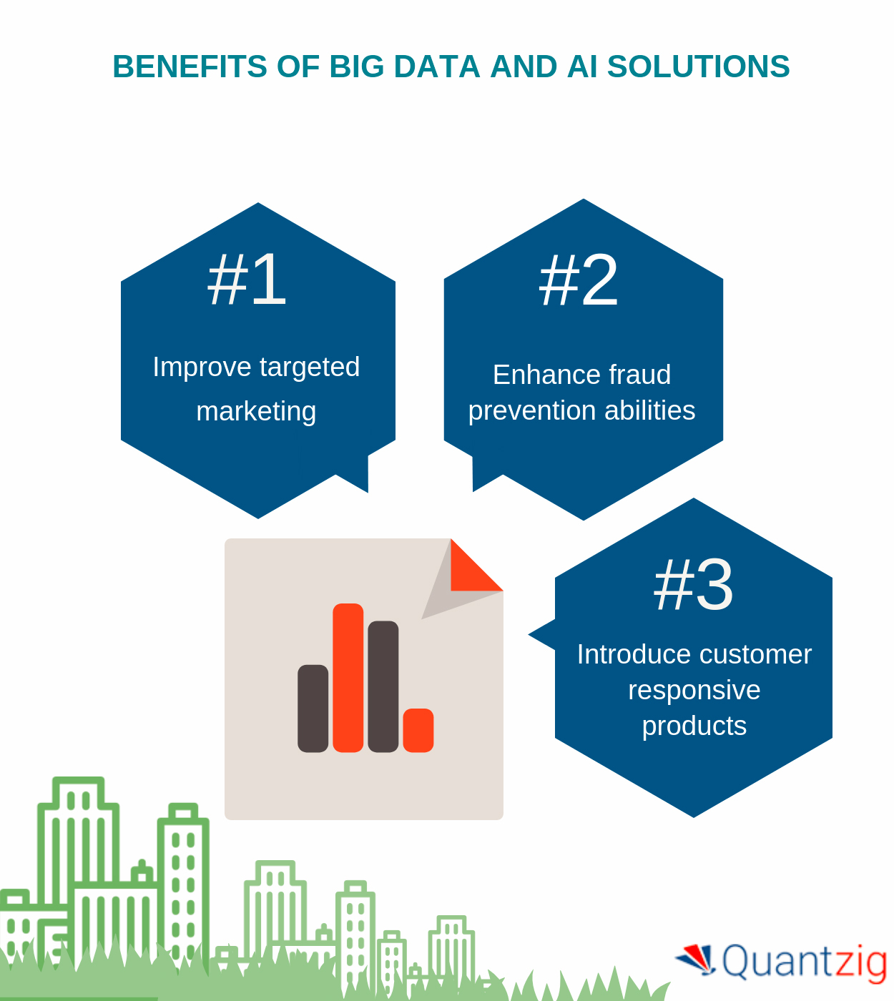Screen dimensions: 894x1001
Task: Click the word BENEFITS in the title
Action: click(190, 66)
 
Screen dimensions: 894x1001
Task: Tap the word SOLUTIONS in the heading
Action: click(698, 66)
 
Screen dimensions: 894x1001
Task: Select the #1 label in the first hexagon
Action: click(247, 279)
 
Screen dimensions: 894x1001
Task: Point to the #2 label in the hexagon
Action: click(578, 280)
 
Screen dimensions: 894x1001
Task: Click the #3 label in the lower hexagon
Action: click(693, 584)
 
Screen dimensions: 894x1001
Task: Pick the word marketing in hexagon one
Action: click(256, 411)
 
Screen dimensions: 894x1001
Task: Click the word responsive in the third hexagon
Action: click(694, 690)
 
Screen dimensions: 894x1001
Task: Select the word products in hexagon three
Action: click(694, 725)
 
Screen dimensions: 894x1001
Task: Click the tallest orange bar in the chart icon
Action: click(348, 678)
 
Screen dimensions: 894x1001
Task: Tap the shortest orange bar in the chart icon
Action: click(418, 730)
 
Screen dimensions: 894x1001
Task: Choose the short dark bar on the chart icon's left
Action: click(313, 709)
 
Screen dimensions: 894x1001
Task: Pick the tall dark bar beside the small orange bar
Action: click(383, 687)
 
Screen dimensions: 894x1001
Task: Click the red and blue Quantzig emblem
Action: click(697, 960)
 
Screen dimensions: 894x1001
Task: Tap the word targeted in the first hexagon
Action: click(310, 368)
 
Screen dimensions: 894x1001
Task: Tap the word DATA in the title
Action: click(437, 66)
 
